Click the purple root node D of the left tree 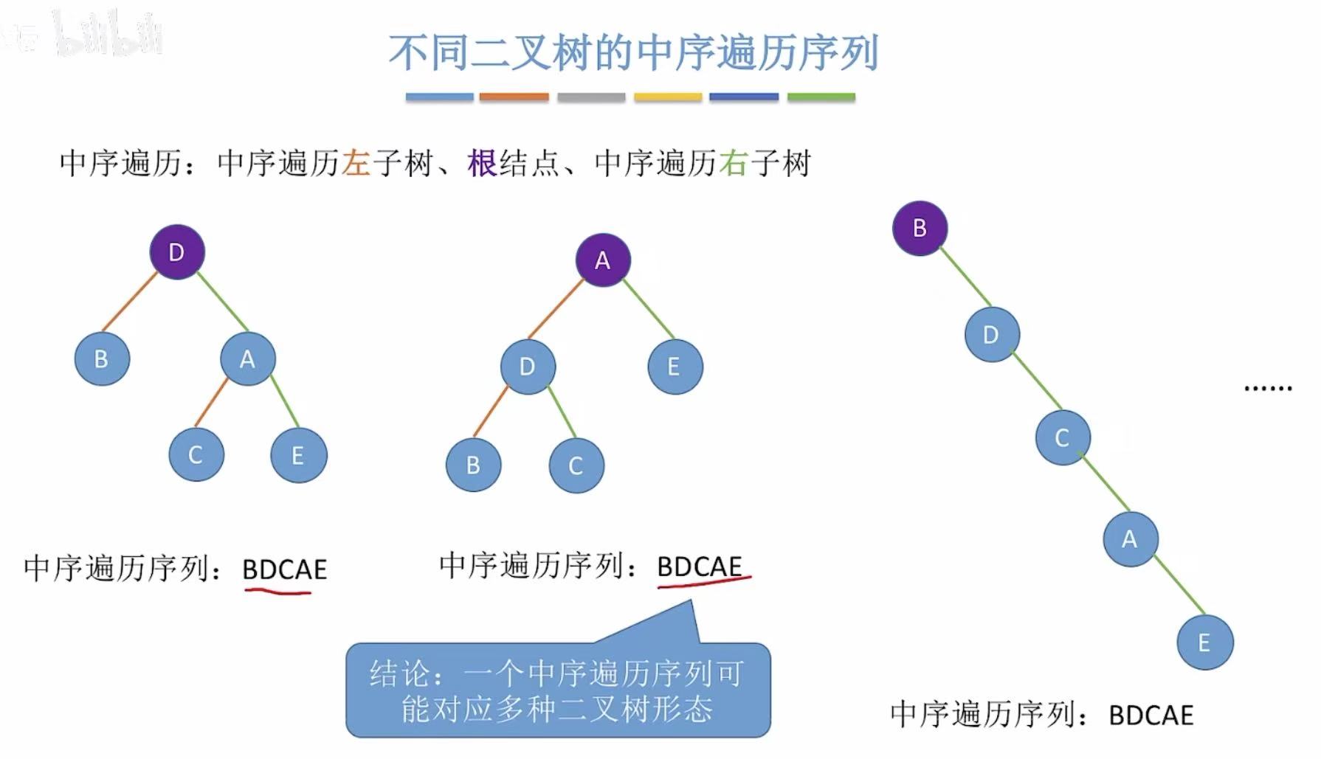(x=177, y=252)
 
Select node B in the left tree (x=102, y=359)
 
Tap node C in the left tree (x=196, y=454)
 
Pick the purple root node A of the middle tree (x=603, y=260)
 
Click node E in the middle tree (x=675, y=367)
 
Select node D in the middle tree (x=528, y=367)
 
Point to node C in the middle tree (x=576, y=465)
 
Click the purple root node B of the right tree (x=920, y=228)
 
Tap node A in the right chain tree (x=1130, y=539)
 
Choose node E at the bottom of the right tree (x=1204, y=642)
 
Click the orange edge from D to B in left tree (x=130, y=301)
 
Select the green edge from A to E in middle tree (x=648, y=309)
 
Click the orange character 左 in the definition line (x=356, y=163)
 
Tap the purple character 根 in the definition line (x=482, y=163)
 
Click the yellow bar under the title (x=668, y=97)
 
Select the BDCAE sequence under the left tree (x=284, y=569)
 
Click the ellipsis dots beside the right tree (x=1268, y=387)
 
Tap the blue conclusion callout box (x=558, y=690)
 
